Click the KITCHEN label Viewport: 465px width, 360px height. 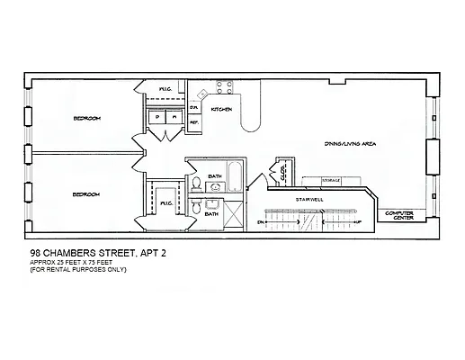[x=222, y=109]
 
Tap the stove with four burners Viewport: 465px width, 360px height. [x=222, y=89]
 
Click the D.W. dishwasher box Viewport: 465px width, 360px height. [x=193, y=108]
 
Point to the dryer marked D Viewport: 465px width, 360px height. [x=156, y=117]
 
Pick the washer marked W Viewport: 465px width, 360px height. [x=171, y=117]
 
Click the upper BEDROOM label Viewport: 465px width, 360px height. [x=86, y=119]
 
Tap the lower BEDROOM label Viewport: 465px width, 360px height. [x=86, y=194]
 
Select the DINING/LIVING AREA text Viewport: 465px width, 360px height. [x=348, y=144]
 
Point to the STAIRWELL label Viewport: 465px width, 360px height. [x=309, y=198]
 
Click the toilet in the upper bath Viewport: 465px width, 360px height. [x=196, y=184]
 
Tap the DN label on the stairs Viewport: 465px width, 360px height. [x=261, y=220]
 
